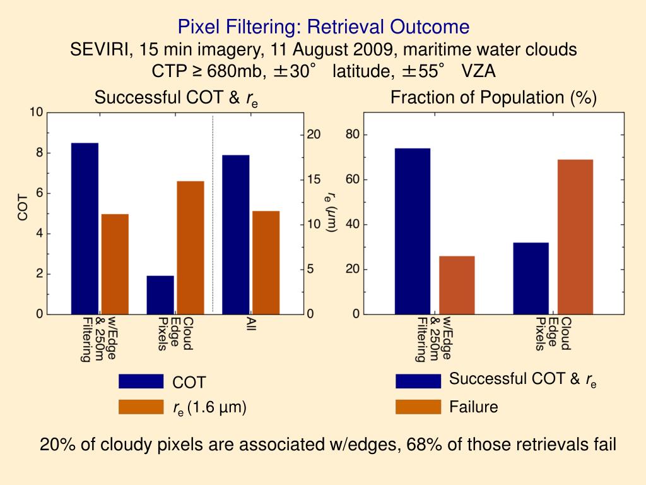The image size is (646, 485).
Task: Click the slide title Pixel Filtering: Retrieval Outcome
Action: point(323,27)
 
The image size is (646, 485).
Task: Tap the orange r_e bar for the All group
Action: point(266,262)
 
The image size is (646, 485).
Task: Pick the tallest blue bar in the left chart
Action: point(85,228)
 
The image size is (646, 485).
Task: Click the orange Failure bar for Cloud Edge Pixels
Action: point(575,236)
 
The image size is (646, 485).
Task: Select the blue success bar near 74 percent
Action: point(413,231)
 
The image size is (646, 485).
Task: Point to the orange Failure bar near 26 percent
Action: point(457,285)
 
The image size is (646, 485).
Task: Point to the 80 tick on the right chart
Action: point(352,135)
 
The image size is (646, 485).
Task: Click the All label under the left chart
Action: point(250,326)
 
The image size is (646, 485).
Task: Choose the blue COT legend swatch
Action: point(141,381)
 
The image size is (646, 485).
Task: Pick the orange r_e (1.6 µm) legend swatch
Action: point(141,407)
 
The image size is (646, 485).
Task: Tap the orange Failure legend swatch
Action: point(418,407)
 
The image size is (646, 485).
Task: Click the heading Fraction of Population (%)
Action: point(493,98)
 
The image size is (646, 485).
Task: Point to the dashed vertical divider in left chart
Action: point(213,215)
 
